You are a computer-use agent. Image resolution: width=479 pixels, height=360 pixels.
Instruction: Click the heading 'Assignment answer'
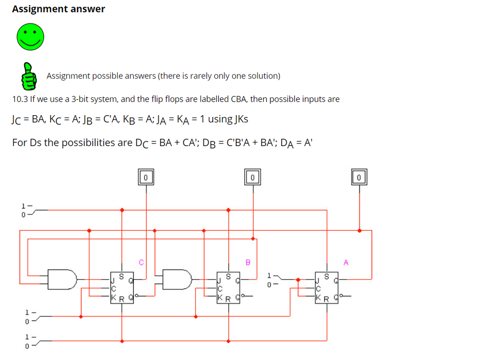click(x=58, y=9)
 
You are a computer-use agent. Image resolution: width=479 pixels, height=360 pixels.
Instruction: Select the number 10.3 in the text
click(x=20, y=99)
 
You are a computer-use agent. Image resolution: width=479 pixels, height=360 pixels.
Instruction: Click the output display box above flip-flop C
click(x=146, y=177)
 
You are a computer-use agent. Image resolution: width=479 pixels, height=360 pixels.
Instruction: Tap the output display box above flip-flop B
click(x=253, y=177)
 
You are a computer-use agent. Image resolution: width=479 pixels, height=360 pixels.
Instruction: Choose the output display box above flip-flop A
click(x=359, y=177)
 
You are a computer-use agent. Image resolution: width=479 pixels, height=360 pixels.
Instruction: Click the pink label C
click(x=140, y=262)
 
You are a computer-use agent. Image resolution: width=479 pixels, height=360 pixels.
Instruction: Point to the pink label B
click(x=248, y=262)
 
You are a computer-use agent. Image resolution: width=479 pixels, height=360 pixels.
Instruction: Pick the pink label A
click(x=346, y=262)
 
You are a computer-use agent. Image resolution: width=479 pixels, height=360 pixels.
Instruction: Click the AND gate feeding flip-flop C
click(x=63, y=279)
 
